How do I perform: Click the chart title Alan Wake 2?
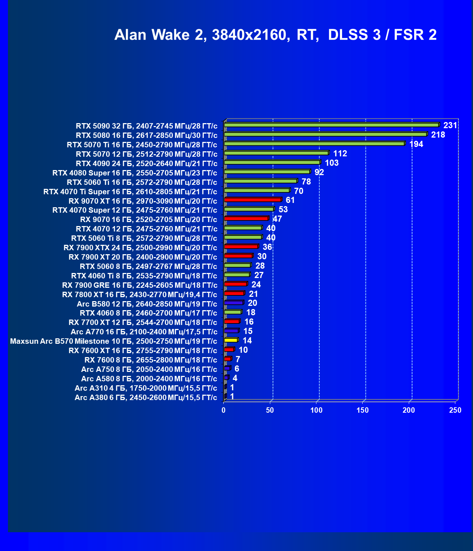(275, 35)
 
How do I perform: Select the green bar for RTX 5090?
(331, 125)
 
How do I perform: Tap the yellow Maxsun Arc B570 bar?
(231, 340)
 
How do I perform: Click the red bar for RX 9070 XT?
(253, 200)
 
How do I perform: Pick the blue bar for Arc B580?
(233, 303)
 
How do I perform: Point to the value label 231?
(450, 125)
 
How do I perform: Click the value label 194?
(416, 144)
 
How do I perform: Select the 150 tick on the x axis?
(363, 410)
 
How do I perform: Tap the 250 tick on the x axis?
(455, 410)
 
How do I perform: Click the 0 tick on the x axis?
(224, 410)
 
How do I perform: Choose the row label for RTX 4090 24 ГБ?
(146, 164)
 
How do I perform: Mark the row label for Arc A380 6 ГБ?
(146, 398)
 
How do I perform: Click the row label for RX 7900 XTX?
(140, 248)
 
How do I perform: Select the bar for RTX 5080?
(325, 134)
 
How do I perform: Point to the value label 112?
(340, 153)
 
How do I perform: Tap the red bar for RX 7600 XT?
(229, 350)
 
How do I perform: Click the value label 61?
(290, 200)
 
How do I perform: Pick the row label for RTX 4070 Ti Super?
(130, 192)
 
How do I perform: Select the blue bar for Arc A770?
(231, 331)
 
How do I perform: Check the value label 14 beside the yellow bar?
(247, 340)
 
